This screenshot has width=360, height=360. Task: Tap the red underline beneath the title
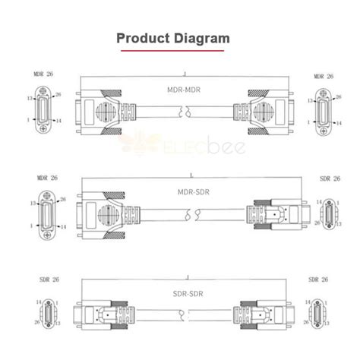pyautogui.click(x=180, y=51)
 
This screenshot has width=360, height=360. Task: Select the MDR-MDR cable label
pyautogui.click(x=183, y=89)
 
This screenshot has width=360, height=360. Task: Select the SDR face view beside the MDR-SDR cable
pyautogui.click(x=329, y=213)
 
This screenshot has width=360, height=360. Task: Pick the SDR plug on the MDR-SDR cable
pyautogui.click(x=270, y=214)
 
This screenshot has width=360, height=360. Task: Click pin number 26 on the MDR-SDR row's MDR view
pyautogui.click(x=64, y=199)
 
